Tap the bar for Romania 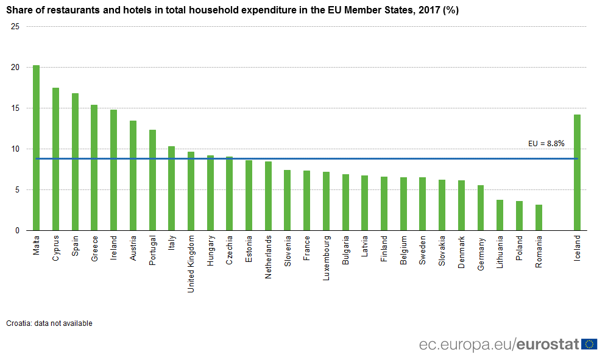coord(539,217)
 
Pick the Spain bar coord(75,162)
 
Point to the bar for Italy coord(172,188)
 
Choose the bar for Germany coord(481,208)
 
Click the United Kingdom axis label coord(191,264)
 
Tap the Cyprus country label coord(56,248)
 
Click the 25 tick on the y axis coord(15,27)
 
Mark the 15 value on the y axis coord(15,108)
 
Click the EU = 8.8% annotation coord(546,144)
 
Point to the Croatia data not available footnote coord(49,323)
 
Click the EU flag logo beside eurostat coord(589,344)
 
